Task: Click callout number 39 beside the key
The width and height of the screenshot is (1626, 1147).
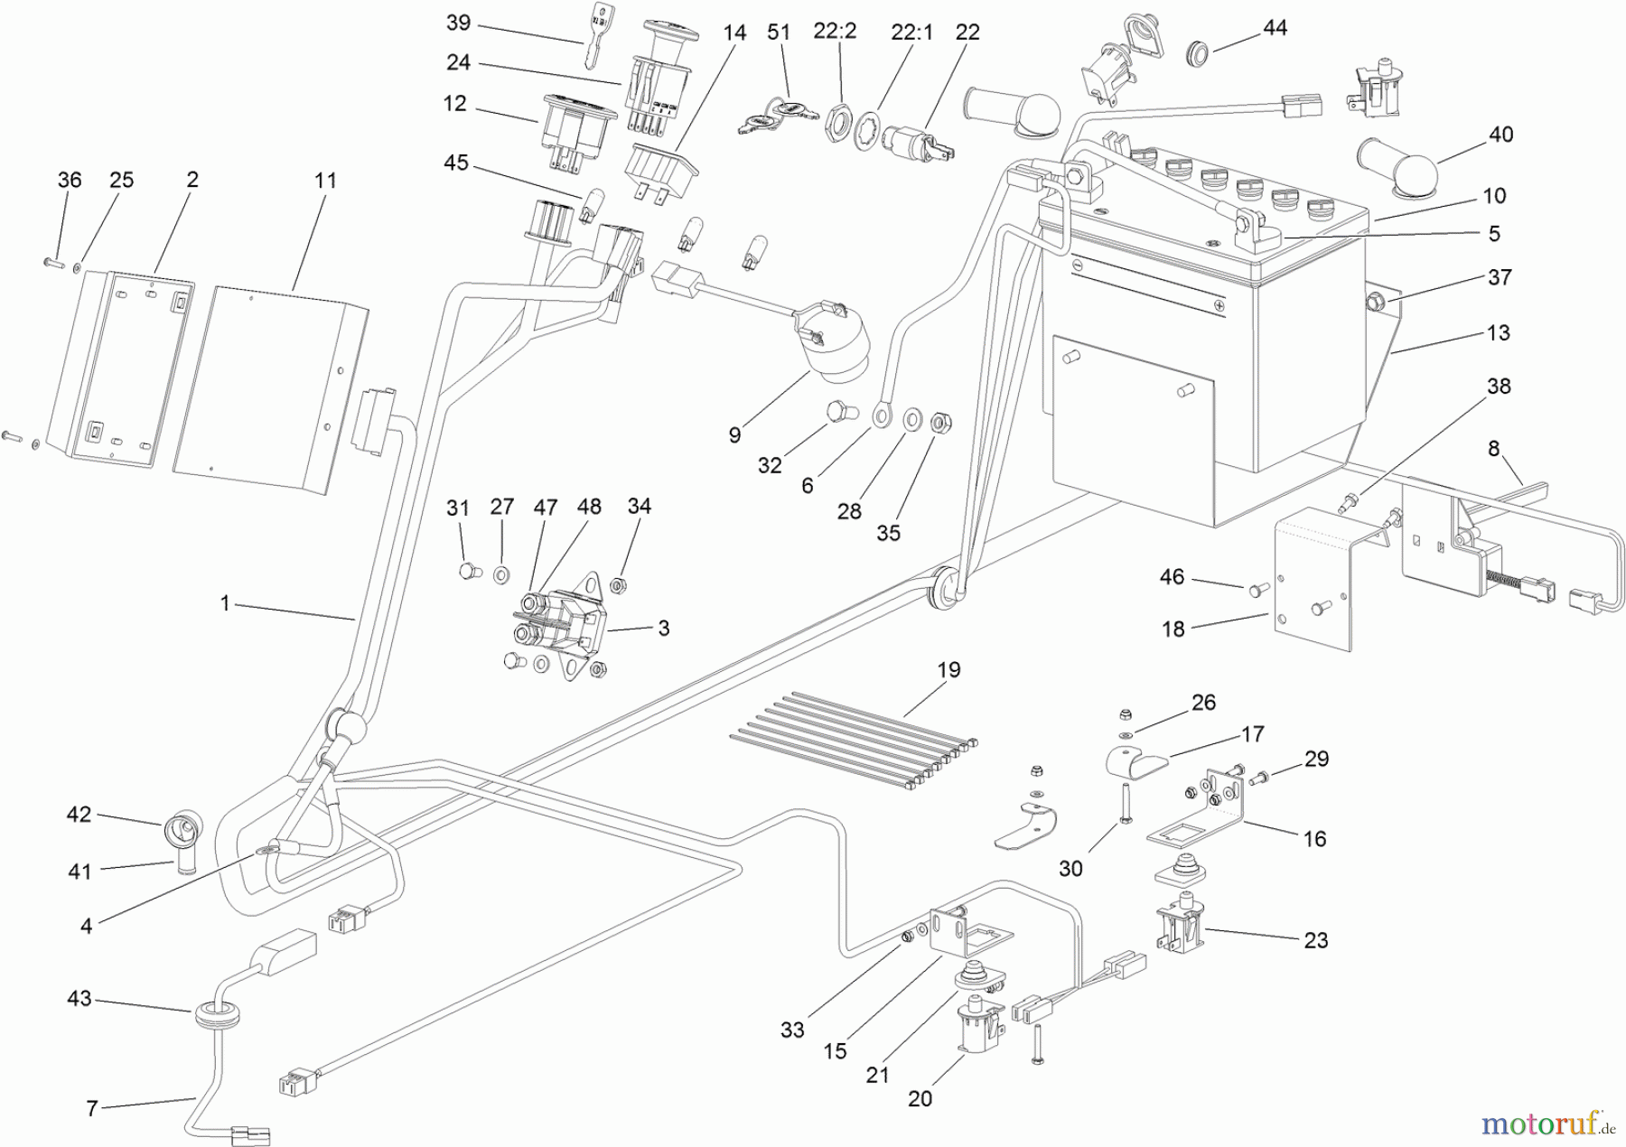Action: [459, 23]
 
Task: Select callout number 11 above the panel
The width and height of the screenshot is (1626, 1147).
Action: [325, 180]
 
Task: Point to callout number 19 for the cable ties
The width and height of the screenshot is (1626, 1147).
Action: [948, 670]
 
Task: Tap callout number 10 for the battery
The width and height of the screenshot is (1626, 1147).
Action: [1494, 195]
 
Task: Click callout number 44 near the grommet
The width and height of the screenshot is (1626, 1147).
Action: [1275, 28]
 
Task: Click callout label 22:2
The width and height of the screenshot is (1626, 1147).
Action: [835, 32]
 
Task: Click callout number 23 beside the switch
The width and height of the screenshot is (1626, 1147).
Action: [1315, 940]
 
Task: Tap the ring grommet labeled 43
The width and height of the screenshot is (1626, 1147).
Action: [213, 1012]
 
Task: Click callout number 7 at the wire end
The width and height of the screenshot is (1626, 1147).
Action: [91, 1108]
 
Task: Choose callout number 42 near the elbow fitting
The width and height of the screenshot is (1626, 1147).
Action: [79, 814]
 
